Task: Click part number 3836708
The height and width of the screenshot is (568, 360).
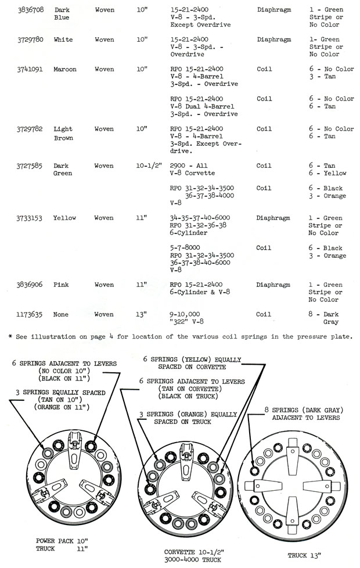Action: [29, 10]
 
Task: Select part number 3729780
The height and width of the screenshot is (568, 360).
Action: [29, 39]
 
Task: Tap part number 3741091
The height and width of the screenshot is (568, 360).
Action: [29, 69]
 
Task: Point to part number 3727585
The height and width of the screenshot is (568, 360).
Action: [29, 166]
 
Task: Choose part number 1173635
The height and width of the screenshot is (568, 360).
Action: [29, 314]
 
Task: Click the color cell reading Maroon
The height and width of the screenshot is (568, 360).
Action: [65, 69]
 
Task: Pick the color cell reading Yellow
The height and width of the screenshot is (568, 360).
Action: [65, 218]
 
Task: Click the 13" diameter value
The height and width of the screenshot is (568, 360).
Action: [142, 314]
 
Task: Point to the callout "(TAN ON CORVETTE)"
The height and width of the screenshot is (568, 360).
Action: [188, 389]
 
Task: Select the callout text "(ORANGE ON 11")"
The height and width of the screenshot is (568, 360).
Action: [61, 407]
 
